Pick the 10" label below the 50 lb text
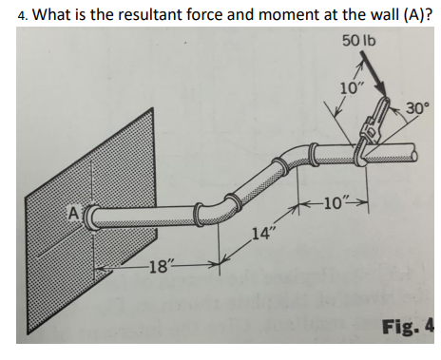pos(352,88)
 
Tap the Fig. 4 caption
pos(407,328)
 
